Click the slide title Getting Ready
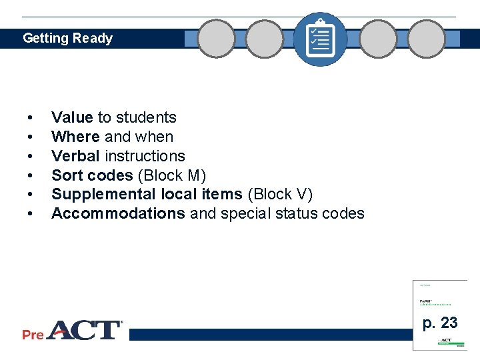point(67,39)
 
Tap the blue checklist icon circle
point(320,39)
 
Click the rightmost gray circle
point(426,39)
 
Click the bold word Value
point(72,118)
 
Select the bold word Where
point(76,137)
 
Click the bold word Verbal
point(75,156)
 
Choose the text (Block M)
point(172,175)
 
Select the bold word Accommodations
point(118,214)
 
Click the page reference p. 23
point(440,323)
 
